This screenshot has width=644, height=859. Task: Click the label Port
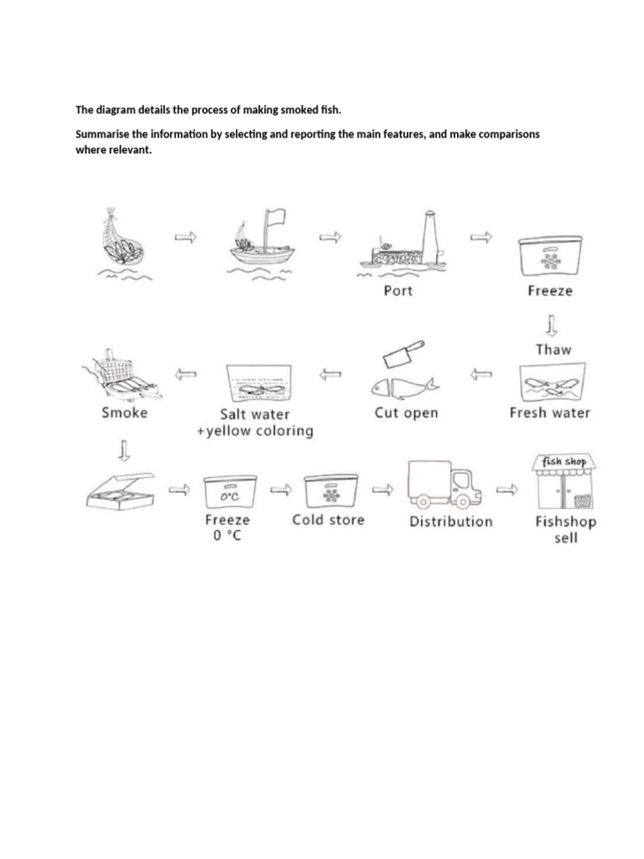point(397,291)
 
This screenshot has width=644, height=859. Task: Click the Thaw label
point(552,349)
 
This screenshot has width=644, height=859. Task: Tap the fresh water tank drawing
point(550,382)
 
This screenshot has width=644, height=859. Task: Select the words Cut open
point(406,413)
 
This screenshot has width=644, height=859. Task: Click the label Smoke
point(124,413)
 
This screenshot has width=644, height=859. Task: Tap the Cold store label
point(328,520)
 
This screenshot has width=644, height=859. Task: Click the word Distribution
point(450,521)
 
